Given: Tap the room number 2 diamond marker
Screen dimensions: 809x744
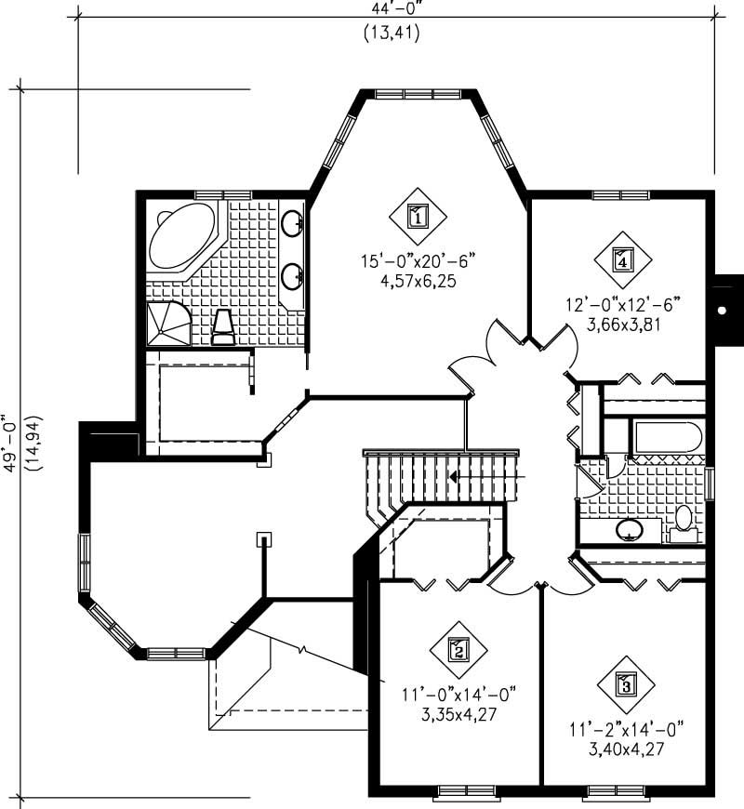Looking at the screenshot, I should point(457,649).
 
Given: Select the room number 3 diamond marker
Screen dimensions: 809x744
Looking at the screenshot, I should point(626,686).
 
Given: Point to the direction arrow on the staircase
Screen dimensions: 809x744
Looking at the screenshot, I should point(453,476).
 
